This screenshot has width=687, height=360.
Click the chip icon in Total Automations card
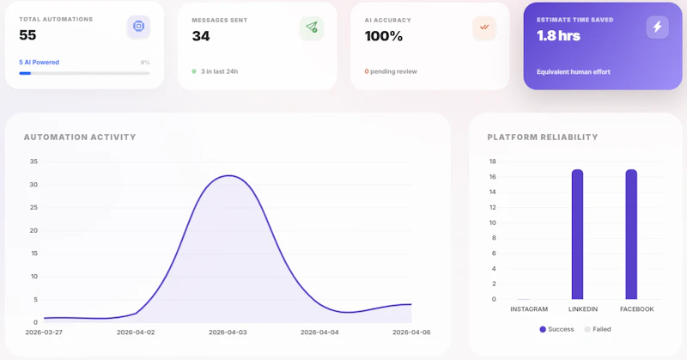click(138, 27)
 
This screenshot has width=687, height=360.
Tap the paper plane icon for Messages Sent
click(311, 27)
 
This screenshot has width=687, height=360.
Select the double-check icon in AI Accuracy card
click(484, 27)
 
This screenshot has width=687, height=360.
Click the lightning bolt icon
click(657, 27)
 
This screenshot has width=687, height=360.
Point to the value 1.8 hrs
click(558, 36)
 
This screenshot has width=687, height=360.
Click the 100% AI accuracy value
click(383, 36)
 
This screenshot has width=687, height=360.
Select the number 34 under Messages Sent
click(201, 36)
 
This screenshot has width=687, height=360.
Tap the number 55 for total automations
click(27, 35)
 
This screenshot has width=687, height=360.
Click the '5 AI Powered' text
click(40, 62)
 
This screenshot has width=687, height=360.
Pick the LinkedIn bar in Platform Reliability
click(577, 234)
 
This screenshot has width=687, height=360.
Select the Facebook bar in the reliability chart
click(631, 234)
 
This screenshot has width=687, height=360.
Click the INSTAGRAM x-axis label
click(529, 309)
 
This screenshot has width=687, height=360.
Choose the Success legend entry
click(556, 329)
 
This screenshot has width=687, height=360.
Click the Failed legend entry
click(598, 329)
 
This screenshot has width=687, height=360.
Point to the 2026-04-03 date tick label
click(227, 332)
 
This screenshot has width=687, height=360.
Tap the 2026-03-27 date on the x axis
click(44, 332)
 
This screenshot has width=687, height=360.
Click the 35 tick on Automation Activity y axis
click(33, 162)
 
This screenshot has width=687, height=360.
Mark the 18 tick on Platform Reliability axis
click(493, 162)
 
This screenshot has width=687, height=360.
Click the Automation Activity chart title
click(80, 137)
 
